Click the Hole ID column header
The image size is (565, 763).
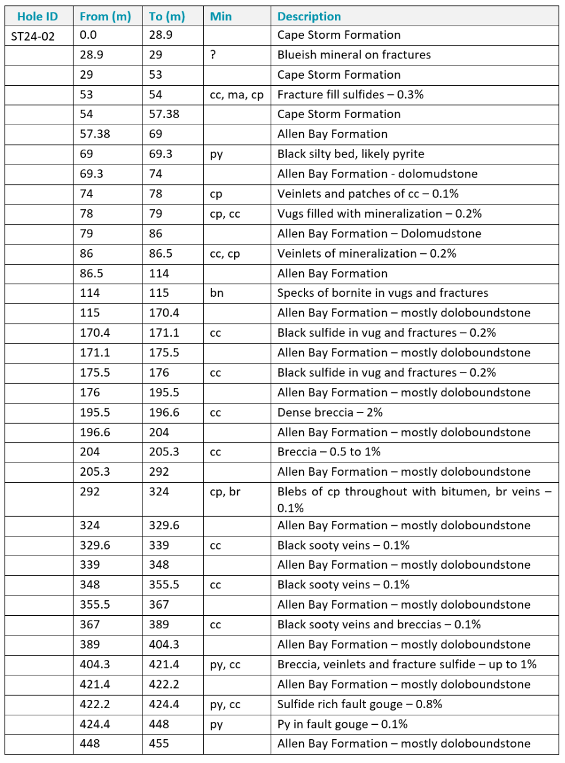[38, 16]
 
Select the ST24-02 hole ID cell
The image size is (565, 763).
[33, 36]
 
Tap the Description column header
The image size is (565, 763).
[309, 16]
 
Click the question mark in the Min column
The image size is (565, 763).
[213, 55]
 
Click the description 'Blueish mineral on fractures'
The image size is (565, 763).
[354, 55]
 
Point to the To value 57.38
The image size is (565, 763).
[164, 114]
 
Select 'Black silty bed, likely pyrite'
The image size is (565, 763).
[350, 154]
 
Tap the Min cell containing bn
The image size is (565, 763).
[216, 293]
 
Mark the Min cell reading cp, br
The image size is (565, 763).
[225, 492]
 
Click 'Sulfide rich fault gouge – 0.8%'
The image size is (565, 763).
[359, 705]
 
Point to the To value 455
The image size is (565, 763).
[159, 744]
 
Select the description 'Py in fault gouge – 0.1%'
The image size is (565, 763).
[342, 724]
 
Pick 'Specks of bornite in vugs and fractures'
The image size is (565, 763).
[383, 293]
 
